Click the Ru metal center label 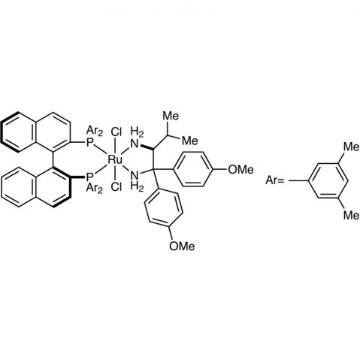click(115, 159)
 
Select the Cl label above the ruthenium click(116, 132)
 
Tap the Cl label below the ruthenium click(116, 186)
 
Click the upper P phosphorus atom click(89, 144)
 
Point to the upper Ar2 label click(94, 131)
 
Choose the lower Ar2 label click(94, 188)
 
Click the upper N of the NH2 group click(135, 144)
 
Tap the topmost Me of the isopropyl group click(171, 116)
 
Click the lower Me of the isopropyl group click(189, 141)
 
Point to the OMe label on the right click(241, 170)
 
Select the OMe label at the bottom click(182, 246)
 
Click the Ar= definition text click(274, 180)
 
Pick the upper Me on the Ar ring click(351, 147)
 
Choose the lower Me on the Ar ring click(351, 215)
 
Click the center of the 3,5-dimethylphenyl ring click(328, 180)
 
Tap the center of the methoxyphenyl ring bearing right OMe click(193, 169)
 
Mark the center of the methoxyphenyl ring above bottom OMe click(163, 208)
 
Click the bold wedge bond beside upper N click(147, 147)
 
